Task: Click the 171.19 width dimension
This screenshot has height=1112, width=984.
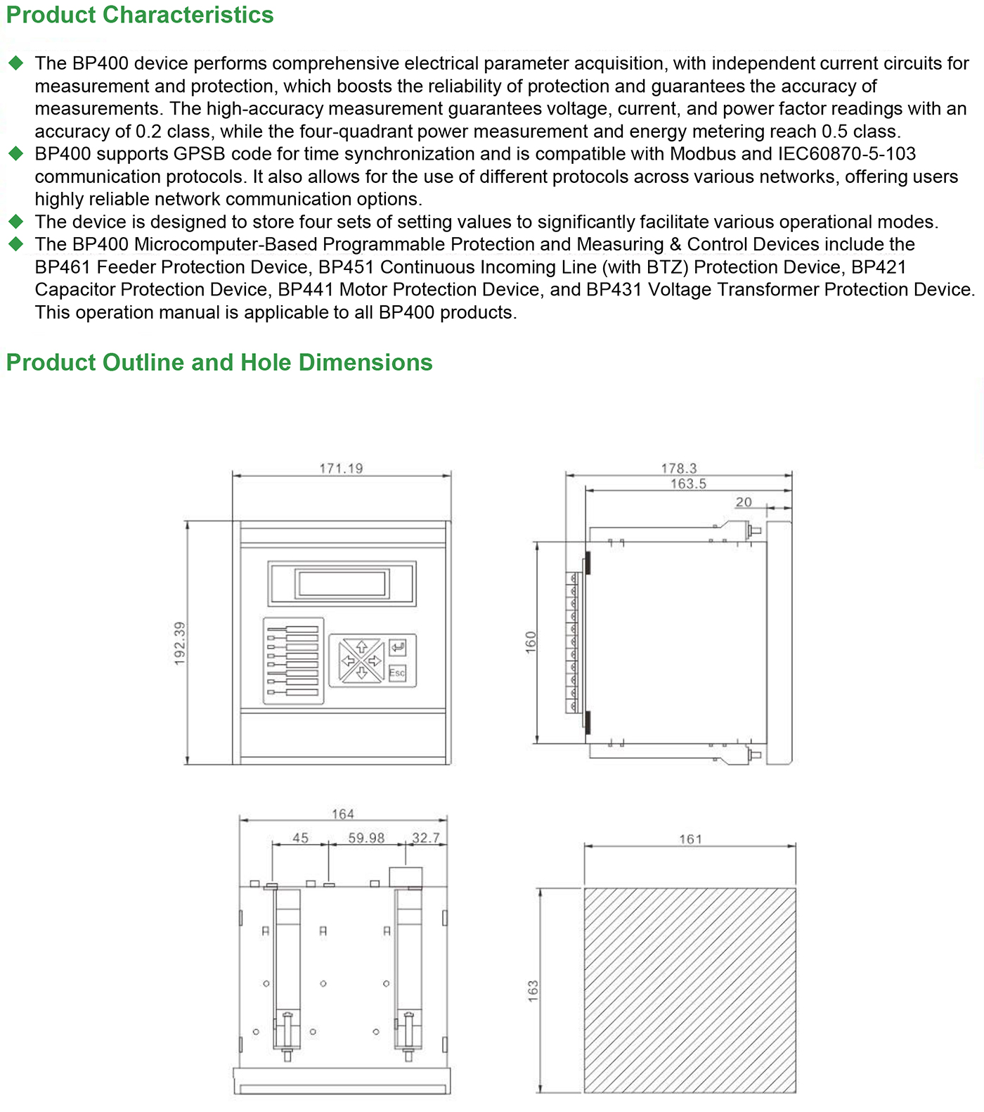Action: (x=341, y=468)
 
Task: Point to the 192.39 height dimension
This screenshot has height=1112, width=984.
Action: (x=180, y=643)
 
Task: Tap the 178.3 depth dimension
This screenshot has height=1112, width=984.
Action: (x=678, y=468)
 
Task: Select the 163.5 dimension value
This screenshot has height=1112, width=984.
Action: (x=687, y=484)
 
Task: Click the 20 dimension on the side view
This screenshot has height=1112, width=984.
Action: (x=744, y=502)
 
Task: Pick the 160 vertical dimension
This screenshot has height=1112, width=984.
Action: (x=531, y=641)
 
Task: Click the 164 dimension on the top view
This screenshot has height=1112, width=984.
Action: (x=342, y=814)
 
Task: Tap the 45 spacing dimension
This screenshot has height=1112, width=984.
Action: (x=300, y=838)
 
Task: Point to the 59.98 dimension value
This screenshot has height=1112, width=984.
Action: (x=366, y=838)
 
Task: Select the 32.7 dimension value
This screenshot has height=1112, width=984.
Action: (x=425, y=838)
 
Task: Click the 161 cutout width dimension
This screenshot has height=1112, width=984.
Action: (x=690, y=839)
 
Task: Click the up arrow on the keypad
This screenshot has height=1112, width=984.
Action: (x=362, y=647)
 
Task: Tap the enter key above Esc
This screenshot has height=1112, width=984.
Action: (x=397, y=646)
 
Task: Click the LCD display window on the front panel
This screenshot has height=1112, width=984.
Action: (x=342, y=584)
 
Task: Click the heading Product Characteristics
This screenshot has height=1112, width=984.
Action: (x=140, y=15)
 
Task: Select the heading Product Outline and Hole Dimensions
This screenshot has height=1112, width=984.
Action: (x=219, y=362)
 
